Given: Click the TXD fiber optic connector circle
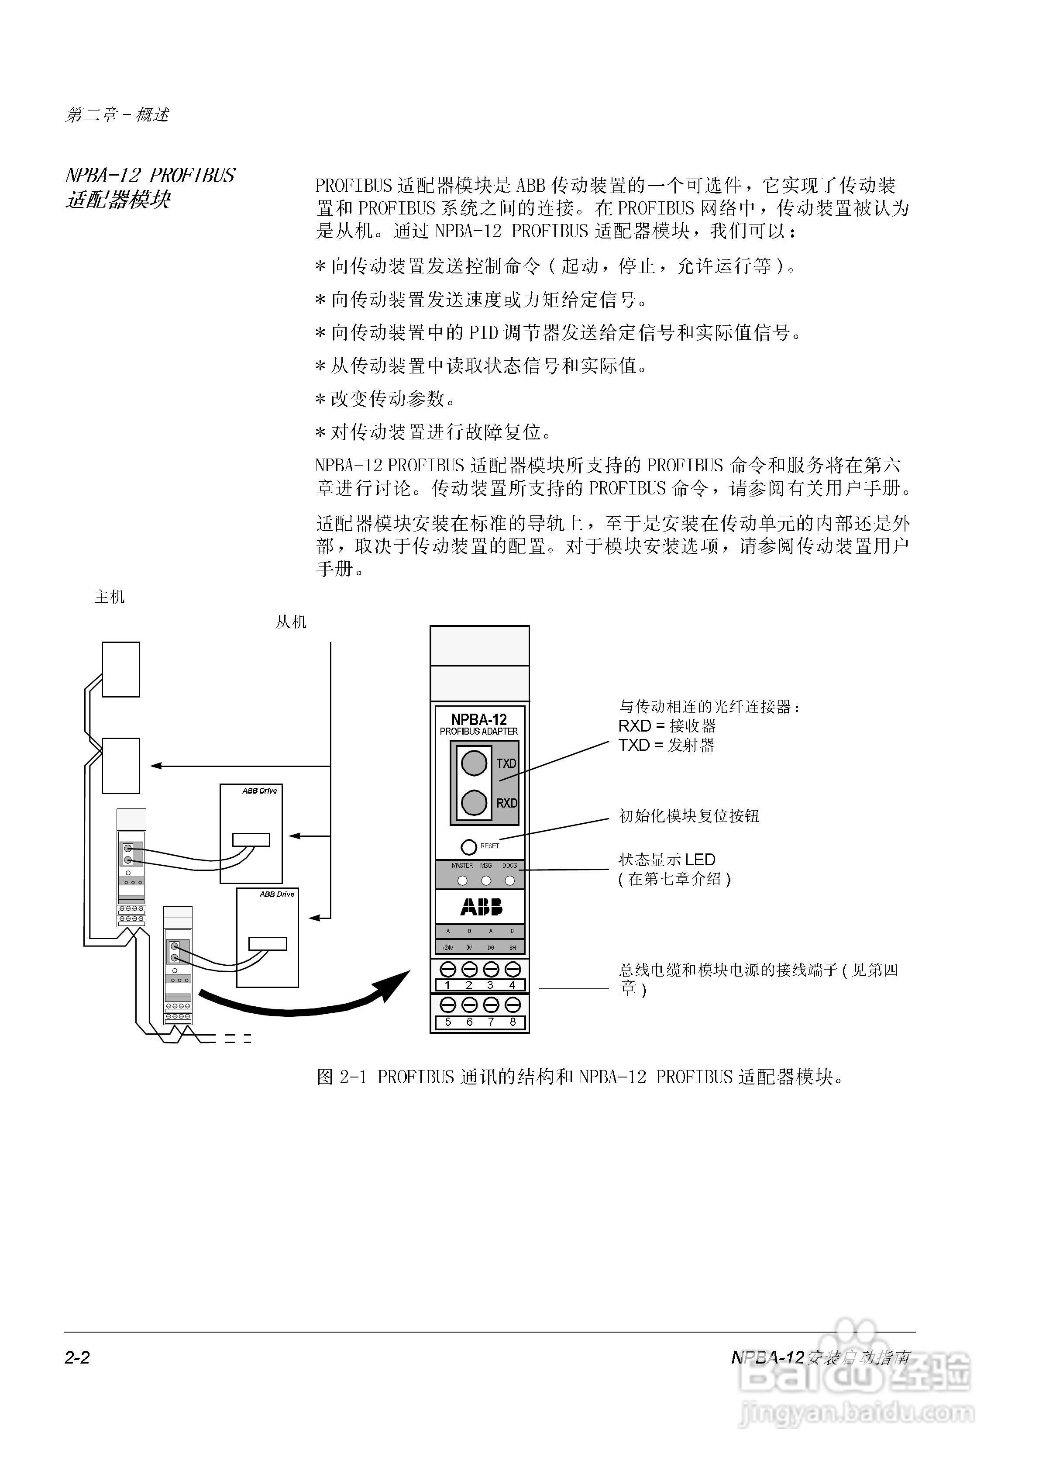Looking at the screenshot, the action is coord(474,763).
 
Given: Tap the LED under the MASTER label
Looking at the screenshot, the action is coord(462,881).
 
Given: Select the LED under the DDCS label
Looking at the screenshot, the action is coord(510,881).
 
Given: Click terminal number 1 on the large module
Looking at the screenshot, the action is coord(448,985).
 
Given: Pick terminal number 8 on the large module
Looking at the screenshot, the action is coord(513,1022).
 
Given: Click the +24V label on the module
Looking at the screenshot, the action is coord(448,948).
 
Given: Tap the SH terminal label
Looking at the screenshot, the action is coord(513,948).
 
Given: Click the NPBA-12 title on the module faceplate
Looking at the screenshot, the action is coord(479,719).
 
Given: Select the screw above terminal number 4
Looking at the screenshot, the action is coord(513,968).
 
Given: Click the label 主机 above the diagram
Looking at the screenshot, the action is coord(110,597).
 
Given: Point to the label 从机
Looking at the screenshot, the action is coord(291,622).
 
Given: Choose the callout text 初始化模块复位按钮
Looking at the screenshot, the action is coord(688,815).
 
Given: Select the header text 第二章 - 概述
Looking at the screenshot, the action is coord(117,115).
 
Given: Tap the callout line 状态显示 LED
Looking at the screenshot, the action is coord(667,860).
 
